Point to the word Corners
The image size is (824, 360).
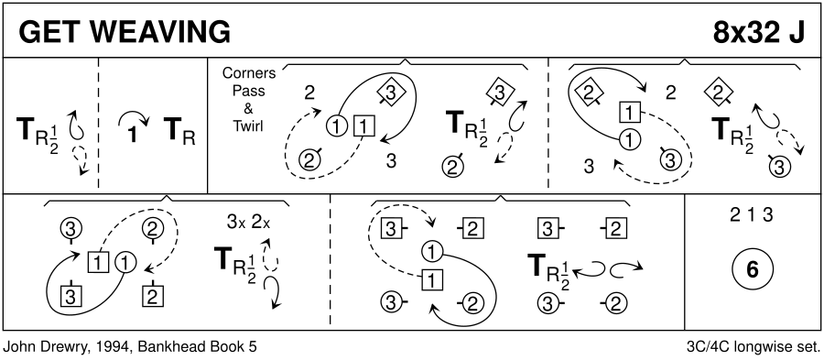(x=248, y=73)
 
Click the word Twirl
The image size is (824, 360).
(x=248, y=126)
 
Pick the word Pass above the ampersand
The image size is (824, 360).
(x=248, y=91)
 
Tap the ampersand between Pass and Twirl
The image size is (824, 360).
(x=248, y=109)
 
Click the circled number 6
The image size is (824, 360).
(x=752, y=269)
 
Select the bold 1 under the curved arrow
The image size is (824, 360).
(x=133, y=136)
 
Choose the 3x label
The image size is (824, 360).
(x=236, y=223)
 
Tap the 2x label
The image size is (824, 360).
(x=261, y=223)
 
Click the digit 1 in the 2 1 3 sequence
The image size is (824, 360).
(x=752, y=215)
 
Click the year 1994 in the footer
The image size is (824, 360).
(x=90, y=347)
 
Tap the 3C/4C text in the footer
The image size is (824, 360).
(x=706, y=347)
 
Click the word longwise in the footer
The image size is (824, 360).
(x=760, y=347)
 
